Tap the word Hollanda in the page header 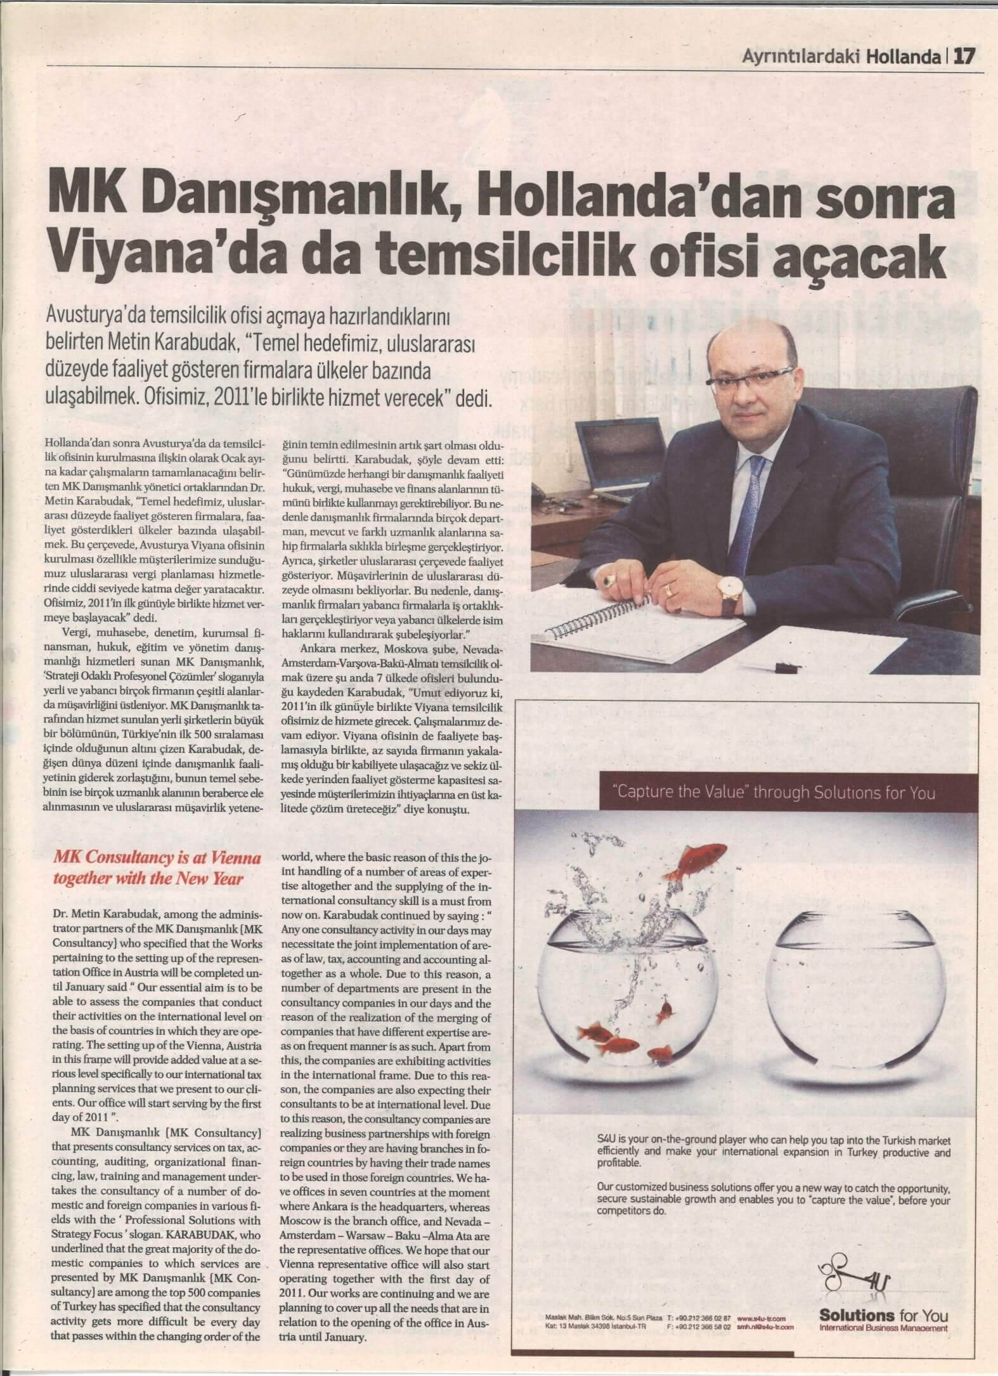pyautogui.click(x=903, y=58)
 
